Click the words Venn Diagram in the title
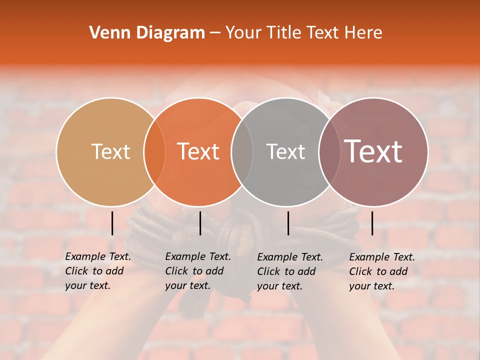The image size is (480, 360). coord(147,33)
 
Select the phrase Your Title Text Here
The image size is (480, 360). coord(303,33)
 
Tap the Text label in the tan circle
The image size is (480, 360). coord(110,151)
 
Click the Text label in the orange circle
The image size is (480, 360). coord(198,151)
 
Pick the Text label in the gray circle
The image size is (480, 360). coord(285,151)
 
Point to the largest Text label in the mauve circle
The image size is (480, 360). coord(373,151)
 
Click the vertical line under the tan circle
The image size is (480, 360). coord(112,223)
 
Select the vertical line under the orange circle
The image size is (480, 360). coord(200,223)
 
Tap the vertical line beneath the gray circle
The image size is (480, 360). coord(288,223)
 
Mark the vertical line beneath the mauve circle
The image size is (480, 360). coord(372,223)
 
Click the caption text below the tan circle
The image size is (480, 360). coord(97,271)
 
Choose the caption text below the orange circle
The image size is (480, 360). coord(197,271)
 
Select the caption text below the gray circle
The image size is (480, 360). coord(289,271)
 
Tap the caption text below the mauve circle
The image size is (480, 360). coord(381,271)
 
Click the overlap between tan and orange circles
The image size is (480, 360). coord(154,151)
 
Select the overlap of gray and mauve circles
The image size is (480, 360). coord(329,151)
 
